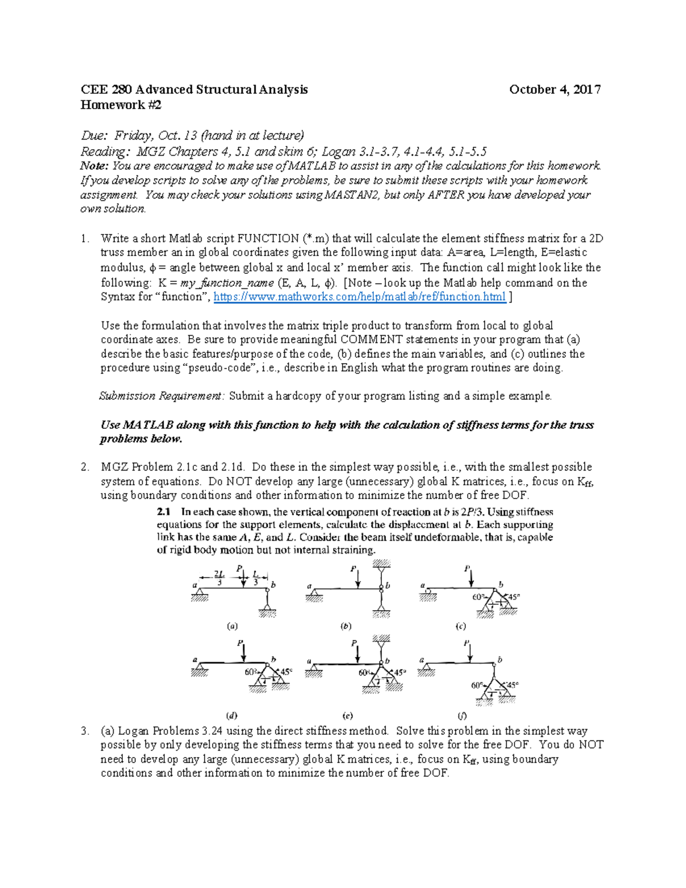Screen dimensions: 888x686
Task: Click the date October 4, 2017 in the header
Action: click(x=555, y=89)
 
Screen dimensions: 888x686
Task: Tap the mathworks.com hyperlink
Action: click(x=359, y=297)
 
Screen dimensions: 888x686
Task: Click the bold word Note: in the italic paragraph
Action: click(x=94, y=166)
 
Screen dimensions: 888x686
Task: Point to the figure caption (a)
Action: click(x=232, y=626)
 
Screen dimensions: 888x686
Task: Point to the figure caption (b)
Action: click(x=346, y=626)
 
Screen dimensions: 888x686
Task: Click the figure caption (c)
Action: click(x=461, y=626)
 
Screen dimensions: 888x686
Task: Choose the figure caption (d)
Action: click(x=232, y=715)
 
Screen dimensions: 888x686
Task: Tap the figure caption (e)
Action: click(x=348, y=715)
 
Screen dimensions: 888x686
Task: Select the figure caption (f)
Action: click(x=462, y=715)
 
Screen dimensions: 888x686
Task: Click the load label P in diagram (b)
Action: click(x=354, y=570)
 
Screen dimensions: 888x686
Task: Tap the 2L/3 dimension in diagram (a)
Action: click(x=220, y=578)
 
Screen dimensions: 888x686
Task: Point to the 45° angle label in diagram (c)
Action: click(x=513, y=597)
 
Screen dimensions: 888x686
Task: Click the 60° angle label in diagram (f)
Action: click(x=477, y=685)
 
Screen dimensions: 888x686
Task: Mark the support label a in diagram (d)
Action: click(x=195, y=660)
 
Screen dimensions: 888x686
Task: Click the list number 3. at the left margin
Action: click(x=85, y=731)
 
